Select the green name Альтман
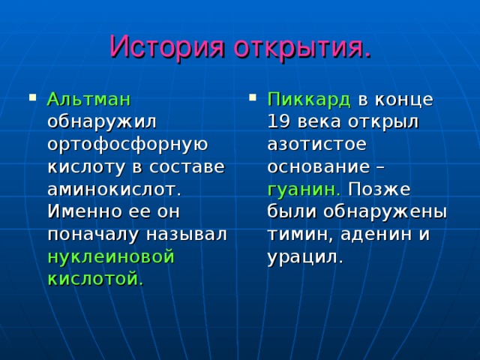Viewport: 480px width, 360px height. tap(88, 100)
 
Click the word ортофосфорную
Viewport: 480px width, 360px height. tap(127, 145)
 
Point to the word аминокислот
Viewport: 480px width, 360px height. tap(114, 189)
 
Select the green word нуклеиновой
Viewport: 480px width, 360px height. tap(110, 256)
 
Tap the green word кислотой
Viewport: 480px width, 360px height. tap(95, 279)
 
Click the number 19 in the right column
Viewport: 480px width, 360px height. tap(280, 122)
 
